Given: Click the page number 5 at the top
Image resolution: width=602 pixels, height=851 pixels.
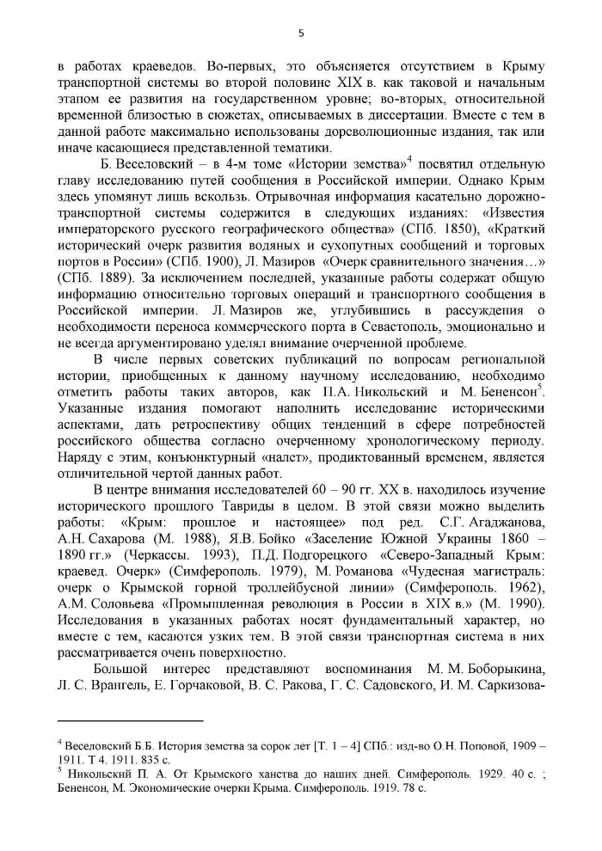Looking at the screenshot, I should pyautogui.click(x=301, y=34).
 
